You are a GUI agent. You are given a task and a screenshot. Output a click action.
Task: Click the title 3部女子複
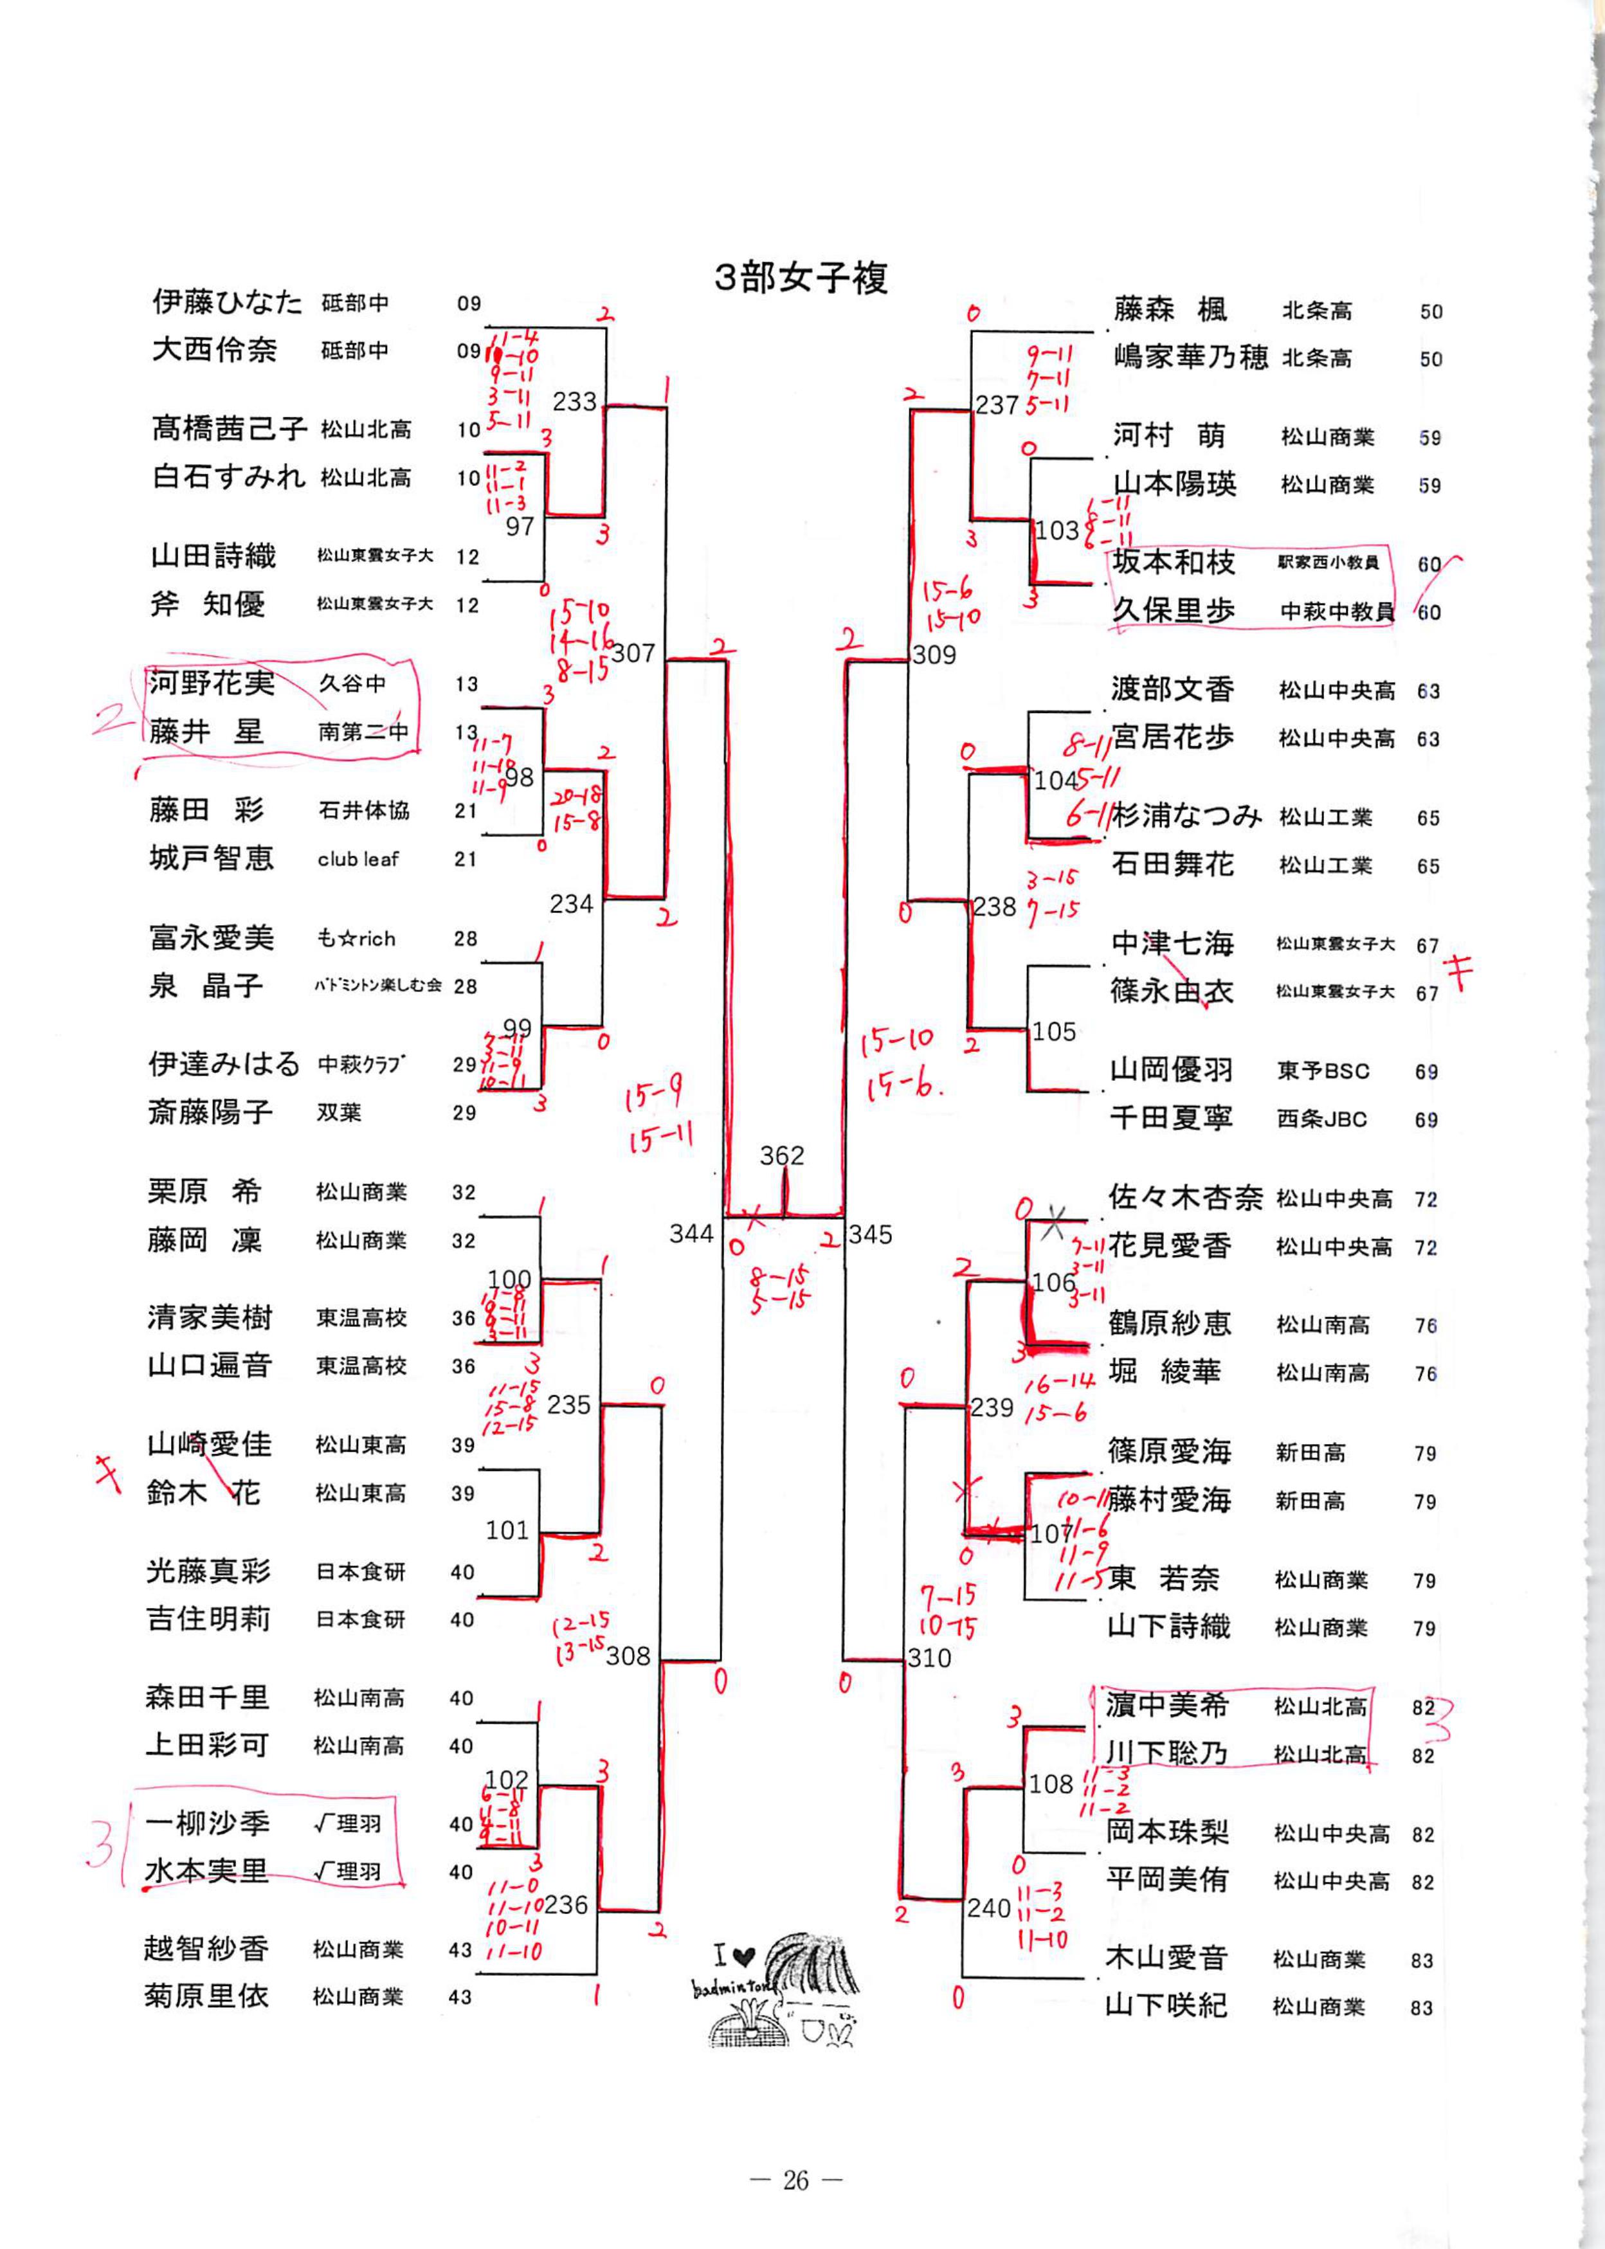801,278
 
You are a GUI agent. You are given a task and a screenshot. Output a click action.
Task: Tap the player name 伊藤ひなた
226,302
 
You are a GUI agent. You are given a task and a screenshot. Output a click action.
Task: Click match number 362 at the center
782,1155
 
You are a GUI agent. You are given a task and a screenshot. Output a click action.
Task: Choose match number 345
870,1234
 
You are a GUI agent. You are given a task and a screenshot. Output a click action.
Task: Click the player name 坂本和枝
1173,562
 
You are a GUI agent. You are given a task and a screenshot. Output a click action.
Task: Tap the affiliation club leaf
358,860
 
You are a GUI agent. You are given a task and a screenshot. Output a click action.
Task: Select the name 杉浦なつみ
1186,816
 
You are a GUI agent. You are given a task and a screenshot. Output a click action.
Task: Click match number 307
633,653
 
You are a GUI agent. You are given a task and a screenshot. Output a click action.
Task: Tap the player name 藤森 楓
1170,311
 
